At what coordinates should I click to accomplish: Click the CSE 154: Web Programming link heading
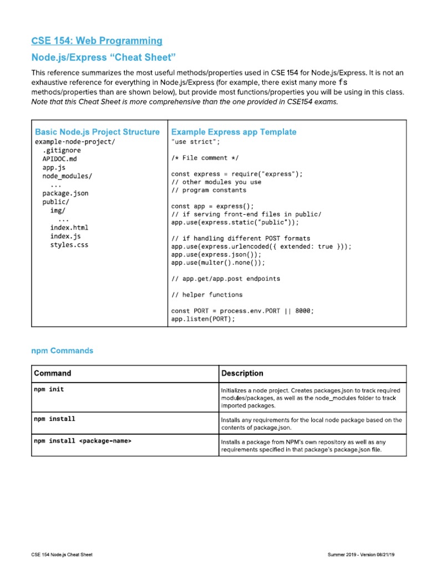97,40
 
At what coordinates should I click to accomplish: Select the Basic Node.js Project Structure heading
97,132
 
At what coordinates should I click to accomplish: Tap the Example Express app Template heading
234,132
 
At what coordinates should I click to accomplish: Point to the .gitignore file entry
62,150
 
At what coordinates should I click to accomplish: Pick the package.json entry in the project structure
65,193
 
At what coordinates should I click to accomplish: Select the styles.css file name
69,245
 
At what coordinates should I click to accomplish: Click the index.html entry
69,228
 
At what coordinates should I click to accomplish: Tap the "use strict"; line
192,142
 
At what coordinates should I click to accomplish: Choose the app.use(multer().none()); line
219,263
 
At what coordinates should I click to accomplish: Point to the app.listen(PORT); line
203,319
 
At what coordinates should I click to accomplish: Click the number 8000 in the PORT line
303,311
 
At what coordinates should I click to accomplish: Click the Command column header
52,373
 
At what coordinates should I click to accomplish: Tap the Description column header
242,373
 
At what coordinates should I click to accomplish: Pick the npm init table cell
49,389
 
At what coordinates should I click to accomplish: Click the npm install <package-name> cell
83,441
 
